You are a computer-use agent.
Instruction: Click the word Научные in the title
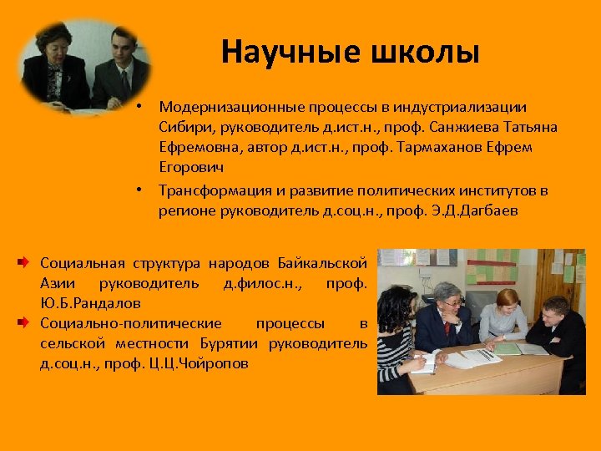click(x=272, y=53)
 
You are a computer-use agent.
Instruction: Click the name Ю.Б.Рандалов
click(x=90, y=302)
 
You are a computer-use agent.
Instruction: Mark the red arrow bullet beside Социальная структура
click(x=28, y=263)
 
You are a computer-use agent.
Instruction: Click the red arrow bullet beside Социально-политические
click(x=28, y=323)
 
